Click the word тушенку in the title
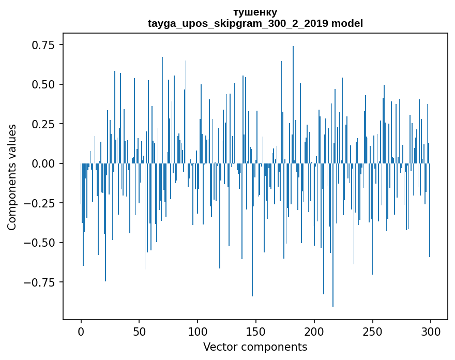[255, 12]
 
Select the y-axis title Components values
[12, 177]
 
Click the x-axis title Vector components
[255, 347]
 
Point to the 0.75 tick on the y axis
[44, 45]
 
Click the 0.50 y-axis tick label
[44, 84]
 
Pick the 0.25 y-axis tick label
[44, 124]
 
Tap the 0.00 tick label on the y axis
[44, 163]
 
